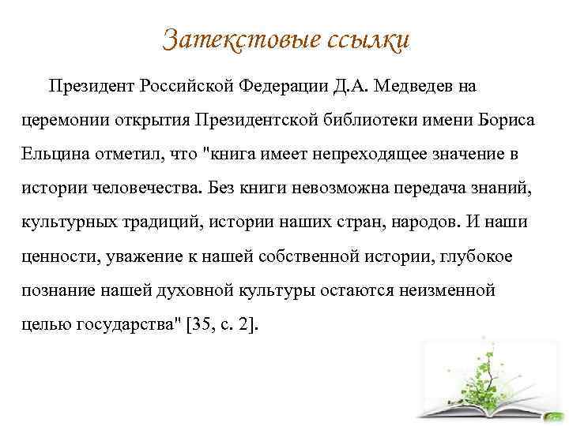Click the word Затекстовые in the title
[239, 38]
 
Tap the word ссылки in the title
[367, 38]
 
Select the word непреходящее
[373, 154]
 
